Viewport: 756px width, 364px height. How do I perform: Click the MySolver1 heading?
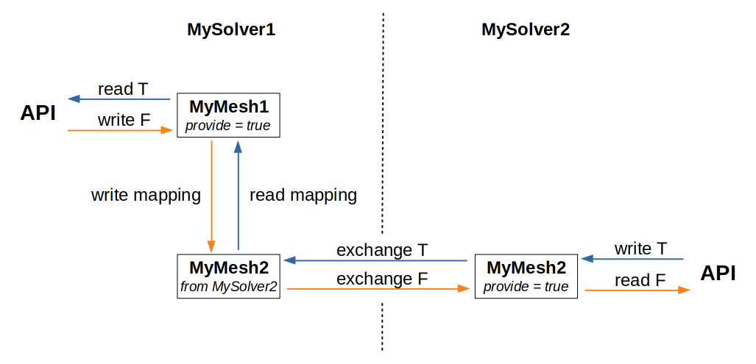[x=230, y=30]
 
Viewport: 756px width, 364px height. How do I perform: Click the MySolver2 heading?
[x=526, y=30]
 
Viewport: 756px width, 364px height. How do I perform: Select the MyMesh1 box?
[x=228, y=115]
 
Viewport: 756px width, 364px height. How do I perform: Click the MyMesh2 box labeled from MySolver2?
[x=228, y=276]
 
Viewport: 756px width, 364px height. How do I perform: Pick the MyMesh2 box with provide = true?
[x=526, y=276]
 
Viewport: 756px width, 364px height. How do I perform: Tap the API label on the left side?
[x=38, y=113]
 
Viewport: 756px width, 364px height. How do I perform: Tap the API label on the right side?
[x=718, y=273]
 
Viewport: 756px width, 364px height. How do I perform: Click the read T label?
[x=123, y=89]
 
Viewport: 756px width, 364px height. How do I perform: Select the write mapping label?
[x=146, y=195]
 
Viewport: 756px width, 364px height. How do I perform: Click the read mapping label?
[x=303, y=195]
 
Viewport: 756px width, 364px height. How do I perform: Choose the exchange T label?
[x=382, y=250]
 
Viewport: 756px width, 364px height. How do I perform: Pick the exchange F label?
[x=382, y=279]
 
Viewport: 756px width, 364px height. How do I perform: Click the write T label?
[x=640, y=249]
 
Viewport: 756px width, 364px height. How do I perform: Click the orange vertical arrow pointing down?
[x=212, y=196]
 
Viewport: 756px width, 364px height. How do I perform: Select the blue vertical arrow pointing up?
[x=238, y=196]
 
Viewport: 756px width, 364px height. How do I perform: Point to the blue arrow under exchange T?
[x=375, y=260]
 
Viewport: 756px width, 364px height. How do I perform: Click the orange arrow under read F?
[x=637, y=290]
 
